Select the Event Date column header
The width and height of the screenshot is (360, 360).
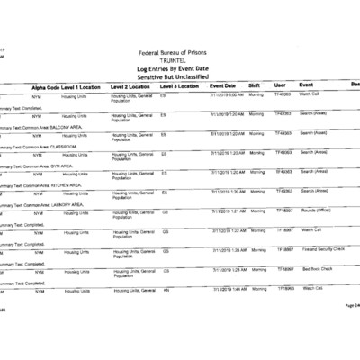pos(223,85)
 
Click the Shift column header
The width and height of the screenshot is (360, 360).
pos(255,85)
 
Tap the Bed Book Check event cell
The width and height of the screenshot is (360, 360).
pos(318,269)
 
